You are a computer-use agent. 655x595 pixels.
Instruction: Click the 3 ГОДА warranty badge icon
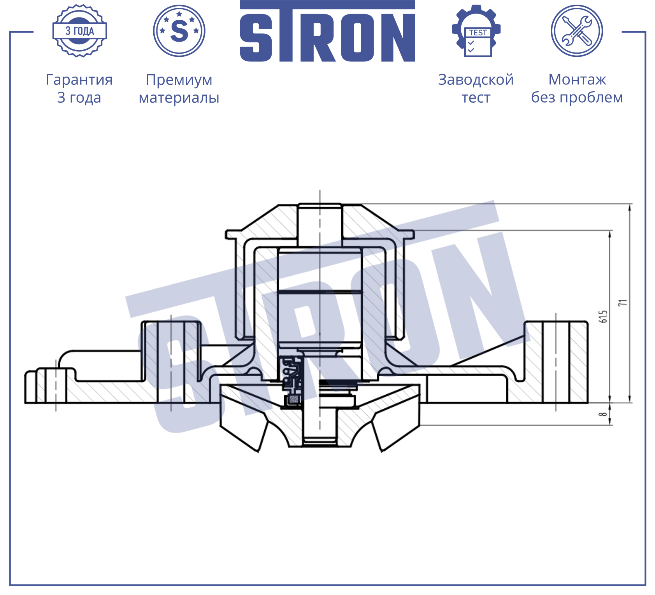(x=79, y=31)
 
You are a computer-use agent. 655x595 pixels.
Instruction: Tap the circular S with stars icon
(x=179, y=31)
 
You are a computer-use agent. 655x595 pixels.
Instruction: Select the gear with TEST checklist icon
(x=476, y=31)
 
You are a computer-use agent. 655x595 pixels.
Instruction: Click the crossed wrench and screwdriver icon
(x=577, y=31)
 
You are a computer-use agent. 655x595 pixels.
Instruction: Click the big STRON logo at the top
(x=327, y=31)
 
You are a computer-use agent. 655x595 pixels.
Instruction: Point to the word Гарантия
(x=79, y=80)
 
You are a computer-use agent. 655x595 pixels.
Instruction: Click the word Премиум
(x=179, y=80)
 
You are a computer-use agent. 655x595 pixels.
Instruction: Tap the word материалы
(x=179, y=98)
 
